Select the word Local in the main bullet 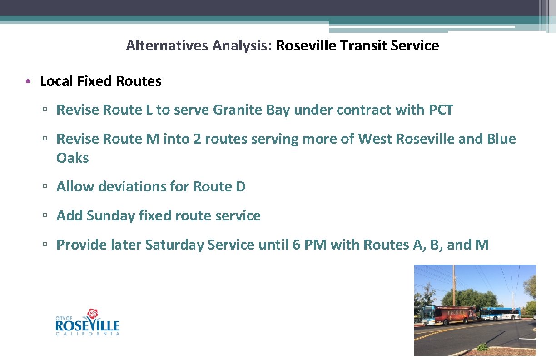tap(57, 81)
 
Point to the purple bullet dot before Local tap(28, 81)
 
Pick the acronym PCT tap(441, 110)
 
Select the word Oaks tap(73, 158)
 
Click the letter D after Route tap(241, 186)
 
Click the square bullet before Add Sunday tap(45, 216)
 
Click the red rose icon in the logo tap(93, 314)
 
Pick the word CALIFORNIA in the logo tap(88, 334)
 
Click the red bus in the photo tap(448, 315)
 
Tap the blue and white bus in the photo tap(500, 313)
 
